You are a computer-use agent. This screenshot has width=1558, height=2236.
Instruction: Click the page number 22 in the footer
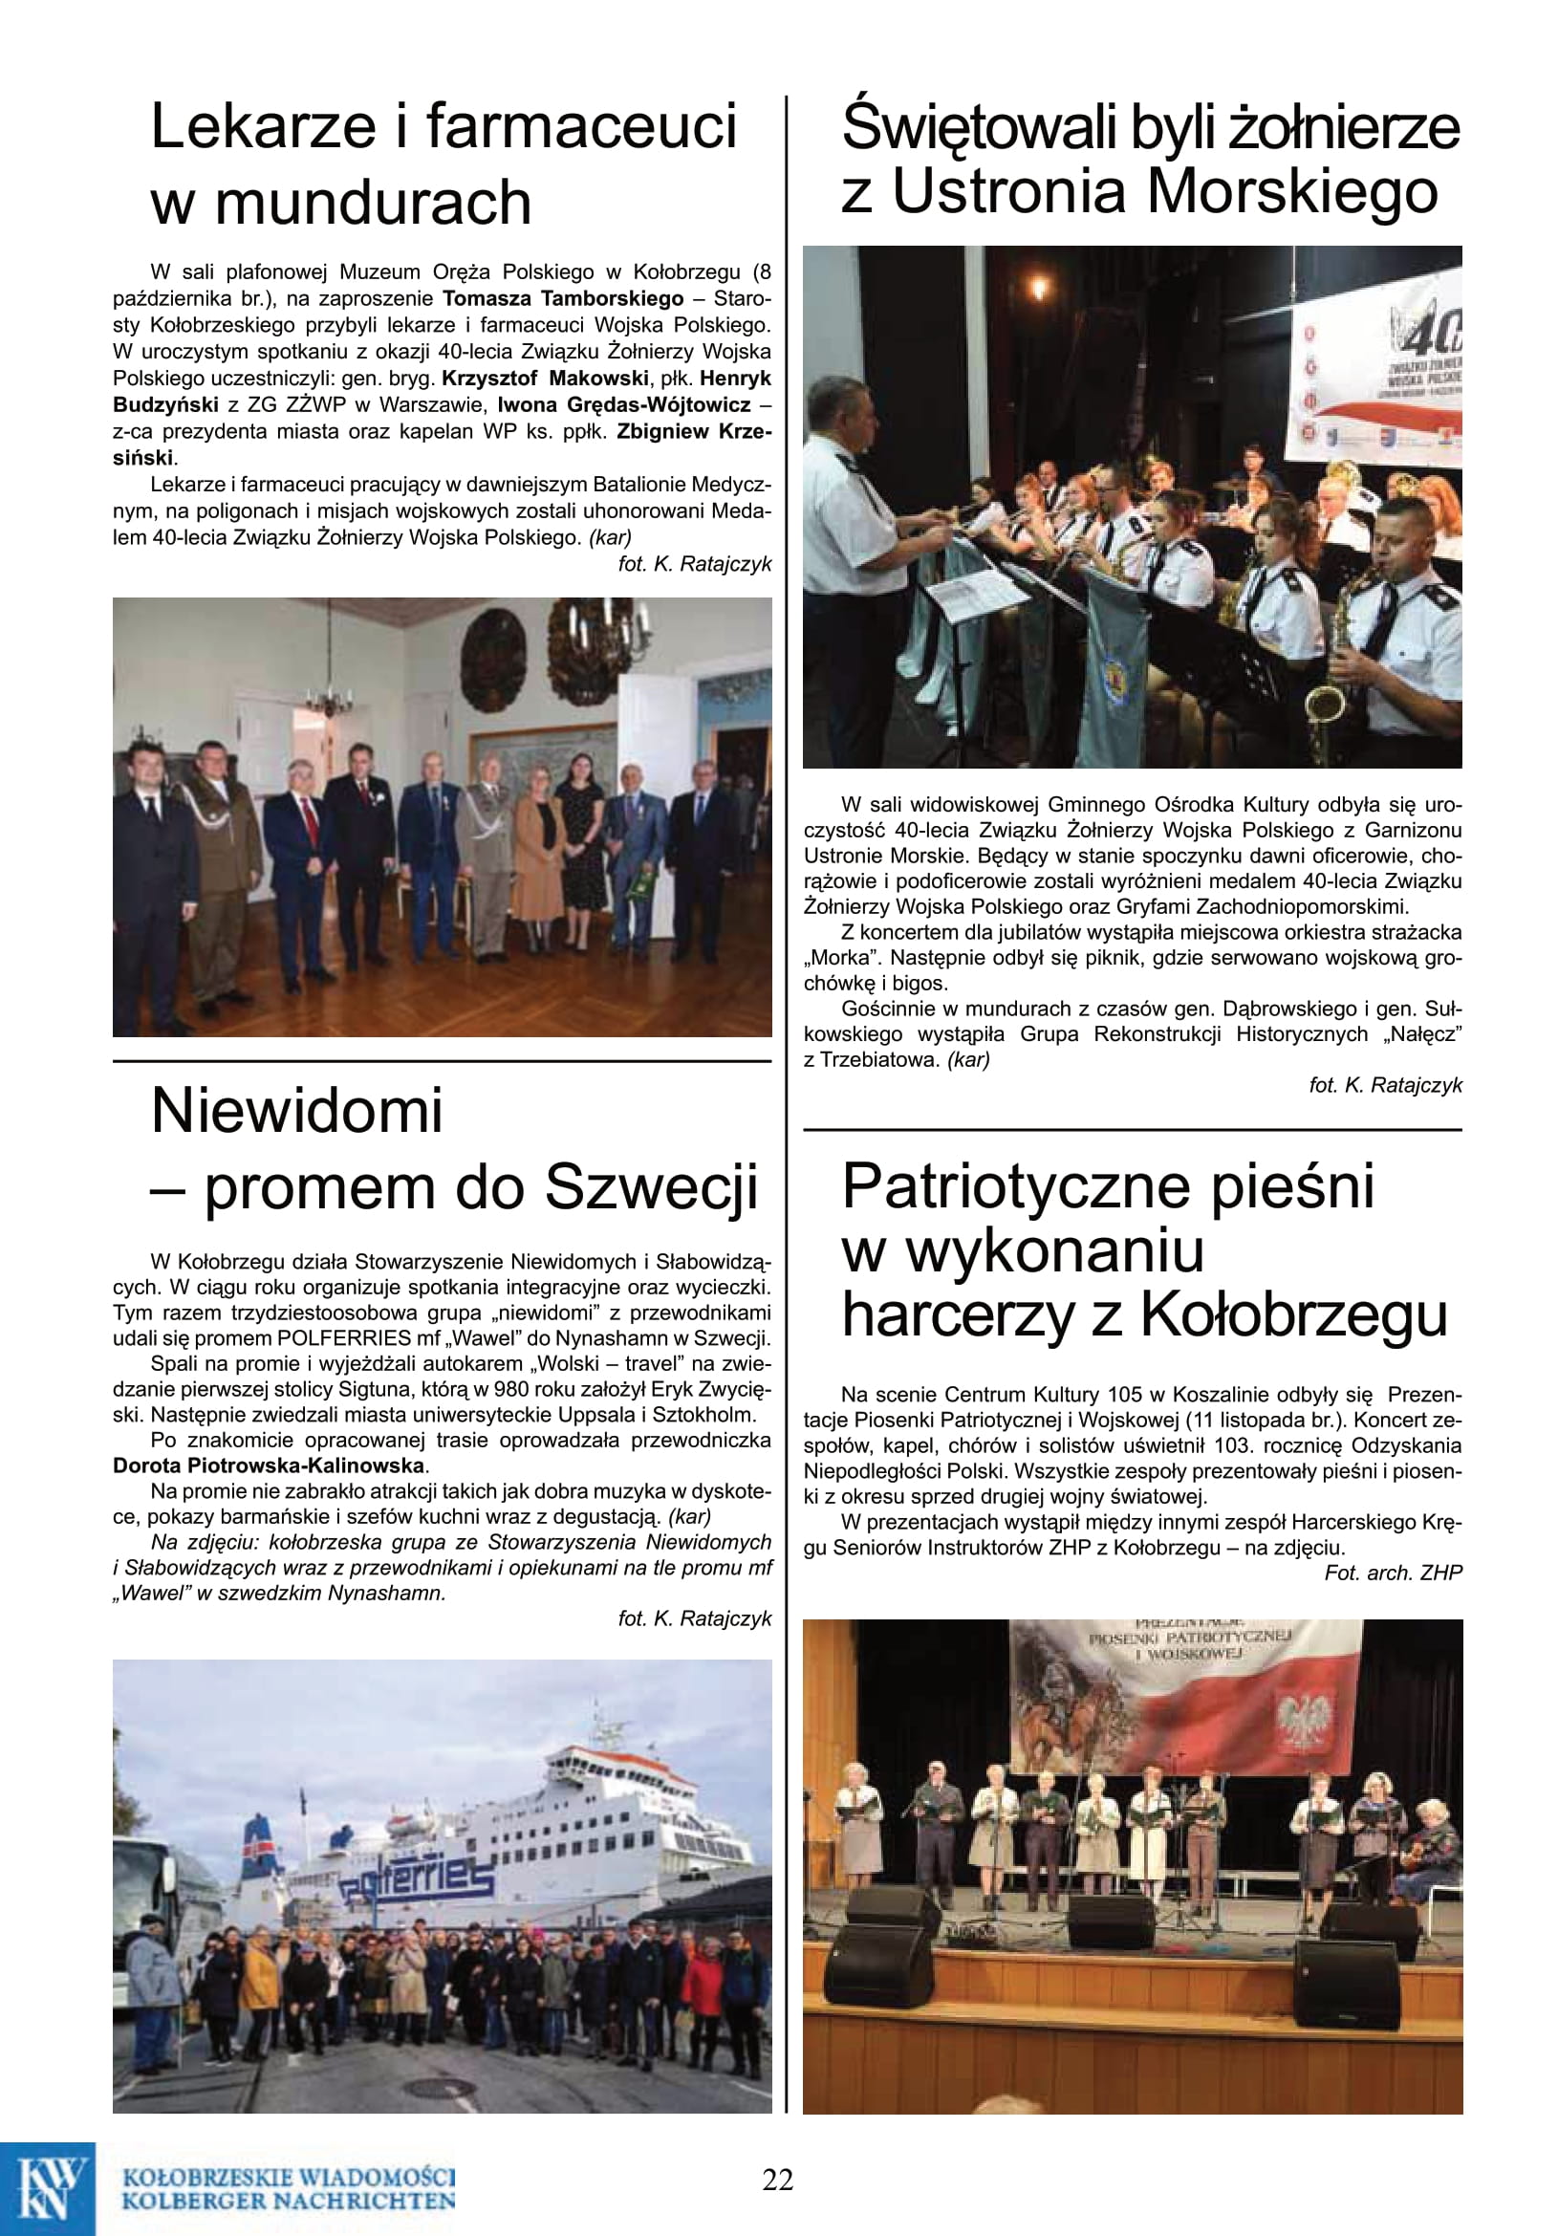pos(777,2179)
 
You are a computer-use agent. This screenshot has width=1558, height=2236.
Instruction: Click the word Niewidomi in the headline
pos(297,1111)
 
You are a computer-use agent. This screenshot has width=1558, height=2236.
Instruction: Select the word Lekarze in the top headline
pos(263,127)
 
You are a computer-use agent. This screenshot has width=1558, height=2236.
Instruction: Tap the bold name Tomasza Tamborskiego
pos(563,299)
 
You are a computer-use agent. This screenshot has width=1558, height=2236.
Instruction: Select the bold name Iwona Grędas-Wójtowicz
pos(624,405)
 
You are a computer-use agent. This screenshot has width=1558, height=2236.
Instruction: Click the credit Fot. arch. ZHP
pos(1393,1573)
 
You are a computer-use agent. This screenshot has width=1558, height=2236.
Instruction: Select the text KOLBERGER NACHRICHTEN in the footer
pos(289,2200)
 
